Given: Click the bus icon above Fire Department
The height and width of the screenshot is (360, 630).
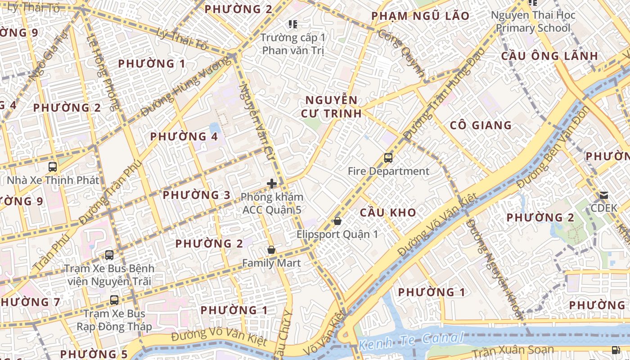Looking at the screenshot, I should coord(388,158).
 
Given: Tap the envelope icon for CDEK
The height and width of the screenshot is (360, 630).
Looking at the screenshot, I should coord(603,195).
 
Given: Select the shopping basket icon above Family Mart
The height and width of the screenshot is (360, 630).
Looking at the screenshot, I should coord(271,250).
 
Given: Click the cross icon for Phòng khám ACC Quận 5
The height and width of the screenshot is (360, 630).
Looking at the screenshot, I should coord(272,184).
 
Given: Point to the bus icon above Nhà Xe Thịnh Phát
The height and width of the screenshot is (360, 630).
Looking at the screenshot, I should coord(53,167).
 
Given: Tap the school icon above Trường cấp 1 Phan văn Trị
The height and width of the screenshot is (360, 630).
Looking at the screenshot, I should coord(293,24).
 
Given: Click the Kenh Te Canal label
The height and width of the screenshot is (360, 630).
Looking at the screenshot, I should coord(411,341).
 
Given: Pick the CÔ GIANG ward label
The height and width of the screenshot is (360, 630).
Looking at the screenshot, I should coord(481,125).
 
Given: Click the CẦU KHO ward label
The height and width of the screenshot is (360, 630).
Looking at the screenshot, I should coord(388,212).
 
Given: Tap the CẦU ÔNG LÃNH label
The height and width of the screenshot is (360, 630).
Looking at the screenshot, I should coord(549,56).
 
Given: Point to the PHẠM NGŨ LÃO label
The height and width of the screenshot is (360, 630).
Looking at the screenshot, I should coord(420,16).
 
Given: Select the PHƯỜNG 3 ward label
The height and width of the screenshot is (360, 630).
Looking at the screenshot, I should coord(196,195).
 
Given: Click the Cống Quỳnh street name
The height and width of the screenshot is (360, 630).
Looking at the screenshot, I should coord(401,53).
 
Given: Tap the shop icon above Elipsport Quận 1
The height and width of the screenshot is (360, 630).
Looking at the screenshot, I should coord(337,221).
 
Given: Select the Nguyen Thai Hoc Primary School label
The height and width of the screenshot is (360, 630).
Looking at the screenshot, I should coord(533,22).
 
